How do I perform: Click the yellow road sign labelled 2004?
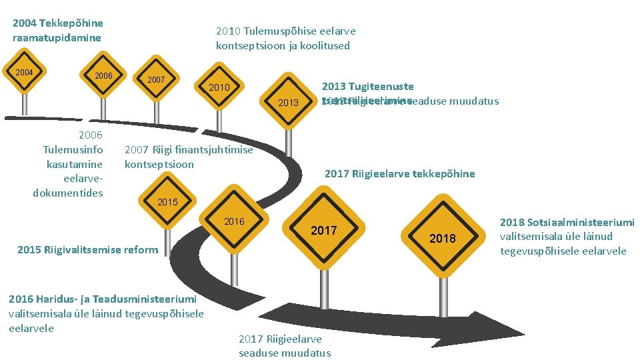(25, 72)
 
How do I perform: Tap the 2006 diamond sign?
(103, 76)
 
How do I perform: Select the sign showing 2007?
(156, 80)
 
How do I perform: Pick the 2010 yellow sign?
(219, 87)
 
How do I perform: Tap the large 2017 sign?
(324, 231)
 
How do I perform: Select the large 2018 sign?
(443, 238)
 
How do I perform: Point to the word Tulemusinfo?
(73, 149)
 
